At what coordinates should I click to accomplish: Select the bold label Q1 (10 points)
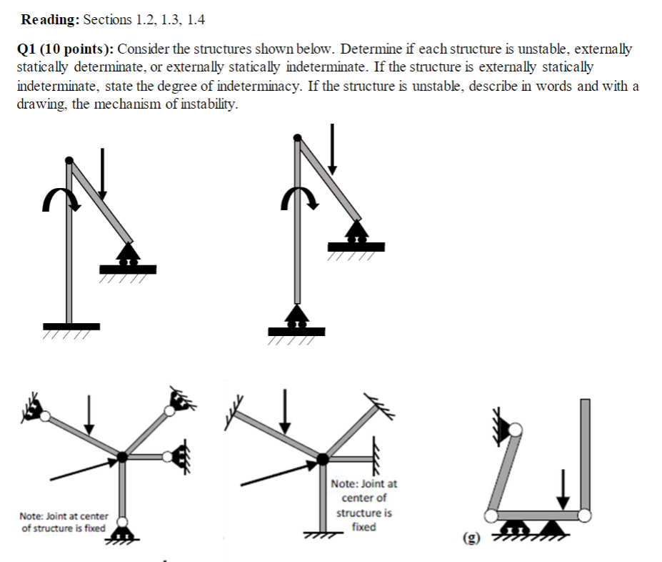pos(64,49)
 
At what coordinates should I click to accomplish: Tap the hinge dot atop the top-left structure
pos(69,161)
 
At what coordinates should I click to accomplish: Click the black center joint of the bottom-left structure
pos(123,455)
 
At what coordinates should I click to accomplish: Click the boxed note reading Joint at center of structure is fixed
pos(363,505)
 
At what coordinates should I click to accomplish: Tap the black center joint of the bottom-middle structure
pos(323,458)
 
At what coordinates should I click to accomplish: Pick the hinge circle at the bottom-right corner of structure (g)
pos(585,514)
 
